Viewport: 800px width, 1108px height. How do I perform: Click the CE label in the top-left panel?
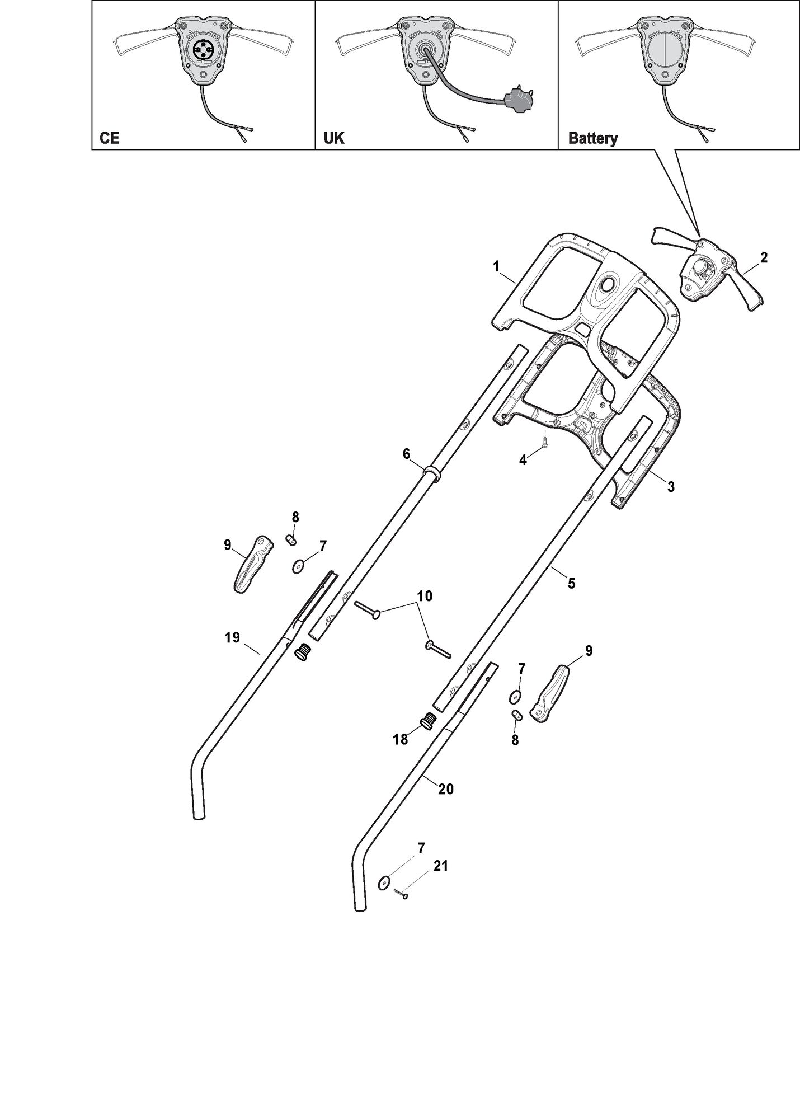point(110,138)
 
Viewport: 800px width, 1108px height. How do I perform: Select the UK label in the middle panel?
point(335,138)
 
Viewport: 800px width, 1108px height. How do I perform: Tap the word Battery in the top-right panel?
point(593,139)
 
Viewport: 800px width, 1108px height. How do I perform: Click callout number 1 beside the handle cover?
point(496,267)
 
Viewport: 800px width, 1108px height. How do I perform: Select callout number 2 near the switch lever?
point(764,257)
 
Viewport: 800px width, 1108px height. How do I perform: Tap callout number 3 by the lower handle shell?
point(671,487)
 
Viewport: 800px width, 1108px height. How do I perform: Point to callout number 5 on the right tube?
point(571,583)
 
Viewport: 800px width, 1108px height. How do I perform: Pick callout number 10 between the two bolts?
point(425,596)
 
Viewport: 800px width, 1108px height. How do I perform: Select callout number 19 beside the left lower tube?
point(232,637)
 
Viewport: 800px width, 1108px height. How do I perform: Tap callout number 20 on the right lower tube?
point(446,789)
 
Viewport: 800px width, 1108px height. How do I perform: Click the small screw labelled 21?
point(401,894)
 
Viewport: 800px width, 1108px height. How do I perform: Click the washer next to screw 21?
point(384,882)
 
